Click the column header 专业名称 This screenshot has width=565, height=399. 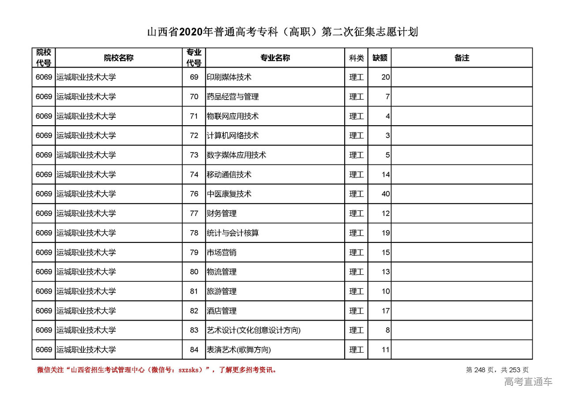[x=275, y=58]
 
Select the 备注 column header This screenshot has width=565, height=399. [x=462, y=58]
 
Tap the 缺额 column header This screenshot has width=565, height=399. [x=380, y=58]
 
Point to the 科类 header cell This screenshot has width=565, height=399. [x=356, y=58]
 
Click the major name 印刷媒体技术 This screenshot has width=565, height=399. [x=229, y=77]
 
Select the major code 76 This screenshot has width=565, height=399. [x=194, y=194]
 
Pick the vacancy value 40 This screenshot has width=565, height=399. [x=385, y=194]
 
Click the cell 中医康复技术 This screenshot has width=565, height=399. [x=229, y=194]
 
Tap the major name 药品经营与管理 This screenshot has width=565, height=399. [x=233, y=97]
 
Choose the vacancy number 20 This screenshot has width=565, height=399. [x=385, y=77]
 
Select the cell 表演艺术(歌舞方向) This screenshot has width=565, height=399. [x=238, y=350]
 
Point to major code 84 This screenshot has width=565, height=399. [x=194, y=350]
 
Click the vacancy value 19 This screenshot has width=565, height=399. [x=385, y=233]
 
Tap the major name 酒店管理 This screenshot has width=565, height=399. [x=222, y=311]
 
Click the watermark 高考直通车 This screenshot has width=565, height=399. [x=528, y=381]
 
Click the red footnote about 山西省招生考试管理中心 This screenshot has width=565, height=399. [x=157, y=370]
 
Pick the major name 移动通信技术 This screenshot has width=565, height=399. [x=229, y=175]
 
